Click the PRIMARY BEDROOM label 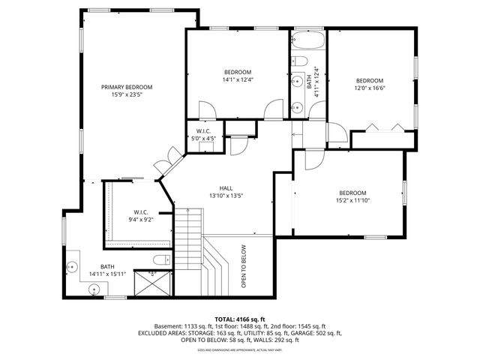click(127, 87)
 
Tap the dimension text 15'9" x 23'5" click(127, 95)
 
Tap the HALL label click(226, 188)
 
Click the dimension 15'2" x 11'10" click(352, 200)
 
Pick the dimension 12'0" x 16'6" click(369, 88)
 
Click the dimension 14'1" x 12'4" click(237, 80)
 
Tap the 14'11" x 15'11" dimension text click(108, 274)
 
